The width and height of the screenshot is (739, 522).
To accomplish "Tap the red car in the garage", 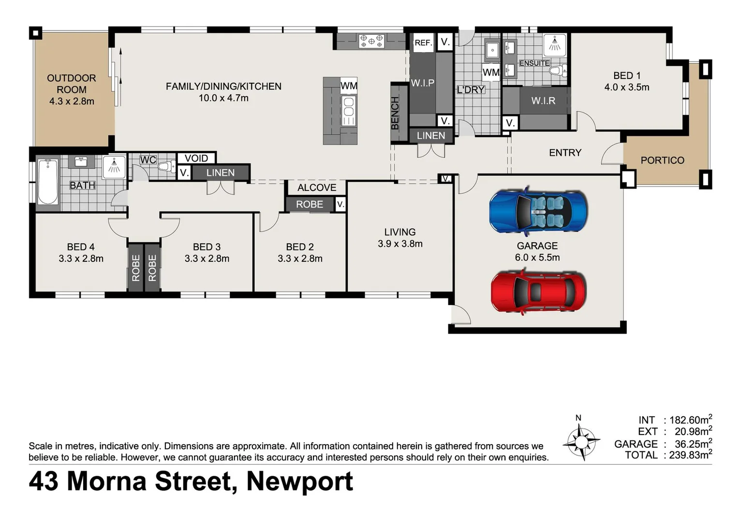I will [x=538, y=292].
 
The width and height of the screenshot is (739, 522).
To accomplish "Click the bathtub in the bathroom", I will [x=48, y=182].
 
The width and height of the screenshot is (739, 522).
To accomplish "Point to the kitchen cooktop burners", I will [x=371, y=41].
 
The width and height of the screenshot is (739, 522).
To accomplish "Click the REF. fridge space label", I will [x=423, y=43].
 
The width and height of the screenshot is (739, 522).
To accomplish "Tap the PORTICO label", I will [x=662, y=160].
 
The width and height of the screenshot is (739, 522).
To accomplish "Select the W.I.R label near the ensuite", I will [x=543, y=101].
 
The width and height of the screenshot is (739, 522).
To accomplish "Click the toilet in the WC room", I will [x=166, y=167].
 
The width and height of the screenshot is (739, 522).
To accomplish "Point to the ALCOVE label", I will [x=317, y=188].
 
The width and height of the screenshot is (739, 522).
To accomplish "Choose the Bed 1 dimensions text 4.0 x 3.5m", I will [x=626, y=87].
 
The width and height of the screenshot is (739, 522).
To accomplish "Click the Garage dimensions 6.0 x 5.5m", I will [x=537, y=258].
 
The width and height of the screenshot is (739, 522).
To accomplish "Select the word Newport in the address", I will [x=299, y=481].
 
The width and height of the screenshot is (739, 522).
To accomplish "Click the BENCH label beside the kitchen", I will [x=395, y=113].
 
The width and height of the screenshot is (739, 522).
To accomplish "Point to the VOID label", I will [x=196, y=158].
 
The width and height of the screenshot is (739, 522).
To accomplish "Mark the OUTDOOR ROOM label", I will [x=72, y=84].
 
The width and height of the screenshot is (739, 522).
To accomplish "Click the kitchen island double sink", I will [x=348, y=111].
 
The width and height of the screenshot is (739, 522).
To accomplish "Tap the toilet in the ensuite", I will [x=558, y=71].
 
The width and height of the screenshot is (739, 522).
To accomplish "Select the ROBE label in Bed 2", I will [x=310, y=204].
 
